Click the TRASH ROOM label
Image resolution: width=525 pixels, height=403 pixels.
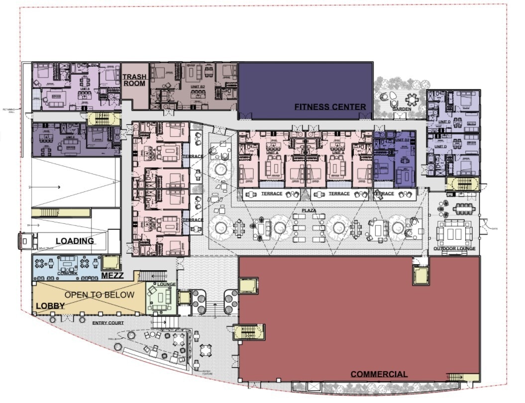tap(134, 80)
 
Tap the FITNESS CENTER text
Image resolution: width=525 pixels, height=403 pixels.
tap(330, 106)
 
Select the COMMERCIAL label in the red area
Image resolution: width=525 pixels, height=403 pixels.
tap(379, 374)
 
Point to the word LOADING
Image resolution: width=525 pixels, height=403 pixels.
tap(75, 241)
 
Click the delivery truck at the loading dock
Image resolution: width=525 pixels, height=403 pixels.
tap(25, 241)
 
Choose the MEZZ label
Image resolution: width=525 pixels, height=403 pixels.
tap(112, 275)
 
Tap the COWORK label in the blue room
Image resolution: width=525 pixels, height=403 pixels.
tap(67, 273)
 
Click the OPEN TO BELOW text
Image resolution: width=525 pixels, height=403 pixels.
tap(99, 295)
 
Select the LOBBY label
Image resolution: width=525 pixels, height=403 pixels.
tap(50, 305)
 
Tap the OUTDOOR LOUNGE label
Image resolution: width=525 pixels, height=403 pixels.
tap(454, 248)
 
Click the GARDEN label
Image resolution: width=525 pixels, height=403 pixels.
tap(402, 108)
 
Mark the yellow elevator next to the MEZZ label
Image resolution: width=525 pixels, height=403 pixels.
tap(110, 262)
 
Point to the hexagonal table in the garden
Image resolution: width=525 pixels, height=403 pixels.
tap(412, 98)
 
